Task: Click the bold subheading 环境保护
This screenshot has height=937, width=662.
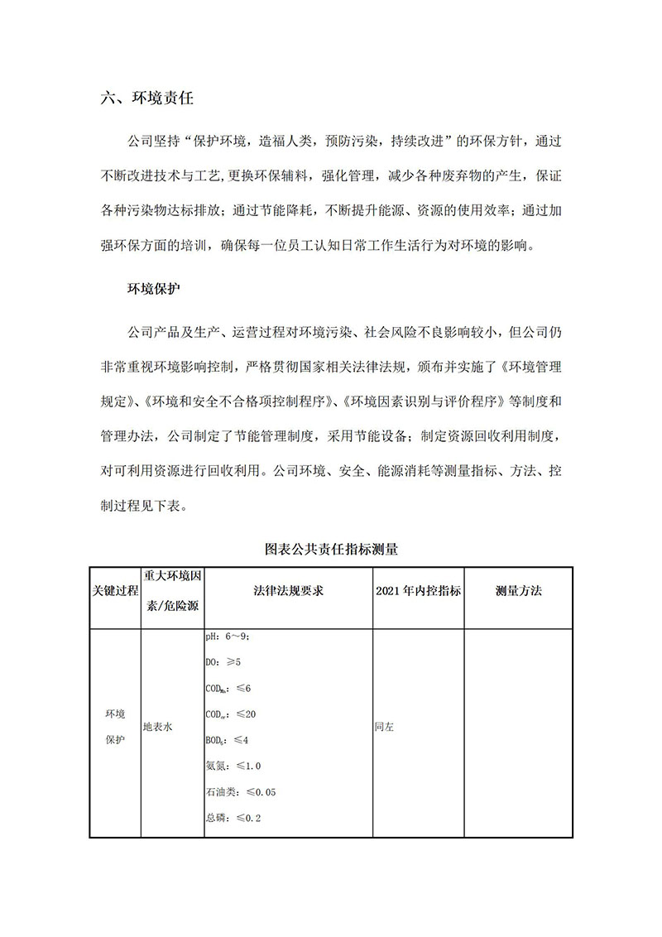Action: click(x=153, y=290)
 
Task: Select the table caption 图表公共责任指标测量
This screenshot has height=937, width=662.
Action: click(x=331, y=548)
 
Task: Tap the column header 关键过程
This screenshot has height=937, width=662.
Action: click(x=115, y=592)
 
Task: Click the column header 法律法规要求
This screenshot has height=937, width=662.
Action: click(x=288, y=592)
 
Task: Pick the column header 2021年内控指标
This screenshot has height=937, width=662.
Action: click(x=418, y=592)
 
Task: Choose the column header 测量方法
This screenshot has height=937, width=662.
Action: click(x=518, y=592)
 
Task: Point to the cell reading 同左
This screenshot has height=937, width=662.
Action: click(x=384, y=726)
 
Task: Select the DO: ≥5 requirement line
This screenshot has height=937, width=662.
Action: click(x=223, y=662)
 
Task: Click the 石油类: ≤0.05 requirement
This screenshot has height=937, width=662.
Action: click(x=241, y=792)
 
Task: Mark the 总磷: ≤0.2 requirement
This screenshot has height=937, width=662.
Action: click(x=233, y=818)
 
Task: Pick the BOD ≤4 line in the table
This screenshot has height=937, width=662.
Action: click(x=227, y=740)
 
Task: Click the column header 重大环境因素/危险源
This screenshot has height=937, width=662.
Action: click(x=172, y=591)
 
